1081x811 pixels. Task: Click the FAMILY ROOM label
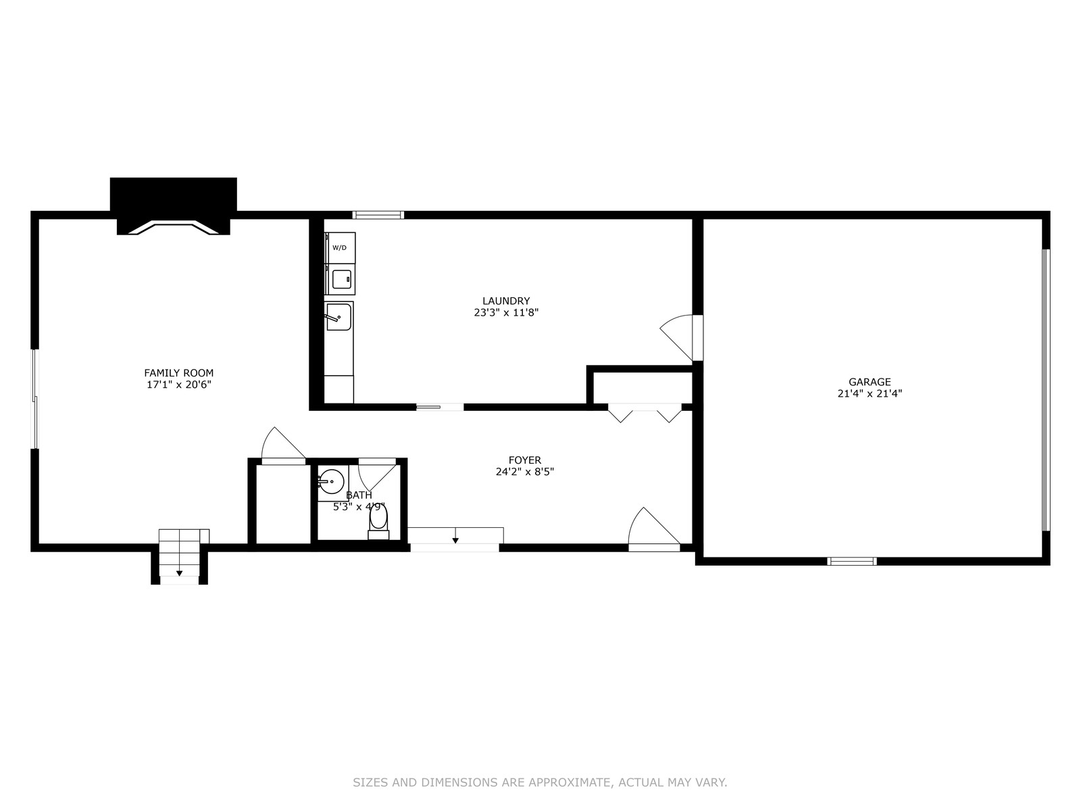tap(179, 373)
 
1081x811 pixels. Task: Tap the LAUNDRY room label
tap(506, 301)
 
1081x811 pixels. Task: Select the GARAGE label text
tap(870, 382)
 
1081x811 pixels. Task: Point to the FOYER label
tap(525, 460)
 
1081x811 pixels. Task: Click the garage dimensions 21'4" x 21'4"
tap(870, 393)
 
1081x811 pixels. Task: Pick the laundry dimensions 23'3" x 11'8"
tap(506, 313)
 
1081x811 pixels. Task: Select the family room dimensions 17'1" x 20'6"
tap(179, 385)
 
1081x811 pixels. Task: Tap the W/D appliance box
tap(340, 247)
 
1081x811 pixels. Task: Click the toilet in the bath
tap(378, 522)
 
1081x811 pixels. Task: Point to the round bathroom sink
tap(332, 481)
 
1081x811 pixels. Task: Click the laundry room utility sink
tap(338, 316)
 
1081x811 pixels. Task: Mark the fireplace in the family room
tap(174, 206)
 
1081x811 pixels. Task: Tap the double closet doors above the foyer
tap(645, 413)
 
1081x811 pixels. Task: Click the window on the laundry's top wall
tap(378, 215)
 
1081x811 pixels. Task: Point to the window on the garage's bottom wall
tap(852, 561)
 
